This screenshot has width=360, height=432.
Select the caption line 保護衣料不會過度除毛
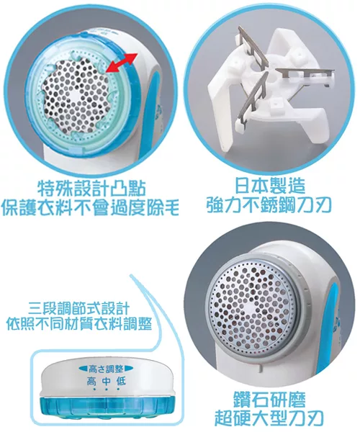click(90, 208)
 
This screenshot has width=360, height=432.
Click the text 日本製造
click(270, 186)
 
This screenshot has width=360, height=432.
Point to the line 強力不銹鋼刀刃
click(269, 206)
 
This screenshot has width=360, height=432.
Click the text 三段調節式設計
click(78, 309)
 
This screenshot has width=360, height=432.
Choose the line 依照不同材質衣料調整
click(78, 324)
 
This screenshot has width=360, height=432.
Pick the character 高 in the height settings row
click(91, 382)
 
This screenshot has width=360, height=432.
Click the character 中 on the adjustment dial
click(106, 382)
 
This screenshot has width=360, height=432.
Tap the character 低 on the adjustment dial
click(121, 382)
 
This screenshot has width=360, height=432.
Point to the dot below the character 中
click(106, 390)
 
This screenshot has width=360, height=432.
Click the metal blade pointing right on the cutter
click(305, 73)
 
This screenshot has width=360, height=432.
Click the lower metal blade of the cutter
click(253, 99)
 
